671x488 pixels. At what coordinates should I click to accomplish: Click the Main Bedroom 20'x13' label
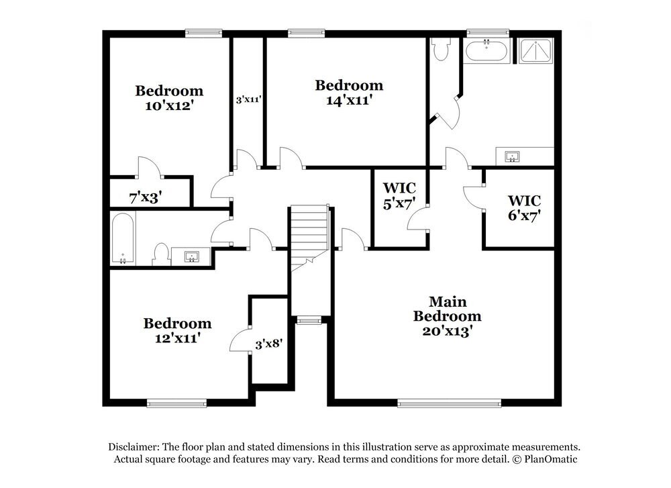tap(447, 316)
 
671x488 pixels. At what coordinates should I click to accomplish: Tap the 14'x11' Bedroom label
tap(349, 93)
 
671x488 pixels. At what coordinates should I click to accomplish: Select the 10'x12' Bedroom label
tap(169, 97)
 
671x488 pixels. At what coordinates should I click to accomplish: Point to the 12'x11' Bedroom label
tap(177, 331)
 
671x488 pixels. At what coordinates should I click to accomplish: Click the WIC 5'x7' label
tap(399, 195)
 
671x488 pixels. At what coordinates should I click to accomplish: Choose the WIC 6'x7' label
tap(524, 207)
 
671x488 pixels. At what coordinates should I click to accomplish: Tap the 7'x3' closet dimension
tap(146, 197)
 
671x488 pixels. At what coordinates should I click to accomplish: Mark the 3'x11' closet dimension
tap(248, 99)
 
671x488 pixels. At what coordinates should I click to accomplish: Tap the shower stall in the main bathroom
tap(535, 51)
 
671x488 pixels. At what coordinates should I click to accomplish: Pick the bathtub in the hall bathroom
tap(123, 238)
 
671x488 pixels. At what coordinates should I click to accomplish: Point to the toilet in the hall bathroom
tap(160, 254)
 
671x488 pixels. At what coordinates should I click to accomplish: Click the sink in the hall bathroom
tap(191, 256)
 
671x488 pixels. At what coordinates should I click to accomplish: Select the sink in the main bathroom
tap(513, 157)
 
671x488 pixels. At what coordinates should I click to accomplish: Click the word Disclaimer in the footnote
tap(132, 447)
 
